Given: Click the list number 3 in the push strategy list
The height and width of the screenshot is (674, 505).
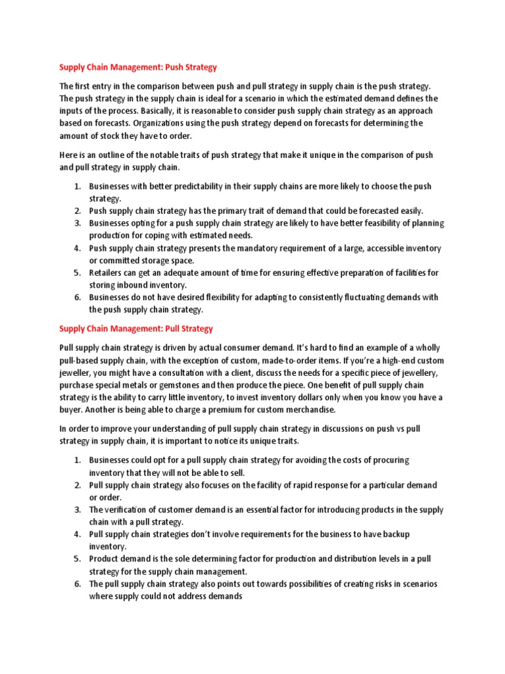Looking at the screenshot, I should point(76,223).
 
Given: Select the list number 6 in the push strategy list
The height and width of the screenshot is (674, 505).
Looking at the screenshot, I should point(76,298).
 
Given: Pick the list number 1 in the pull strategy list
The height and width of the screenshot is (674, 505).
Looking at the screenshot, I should point(76,459).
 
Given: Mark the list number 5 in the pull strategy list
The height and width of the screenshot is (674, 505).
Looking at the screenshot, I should point(76,559).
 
